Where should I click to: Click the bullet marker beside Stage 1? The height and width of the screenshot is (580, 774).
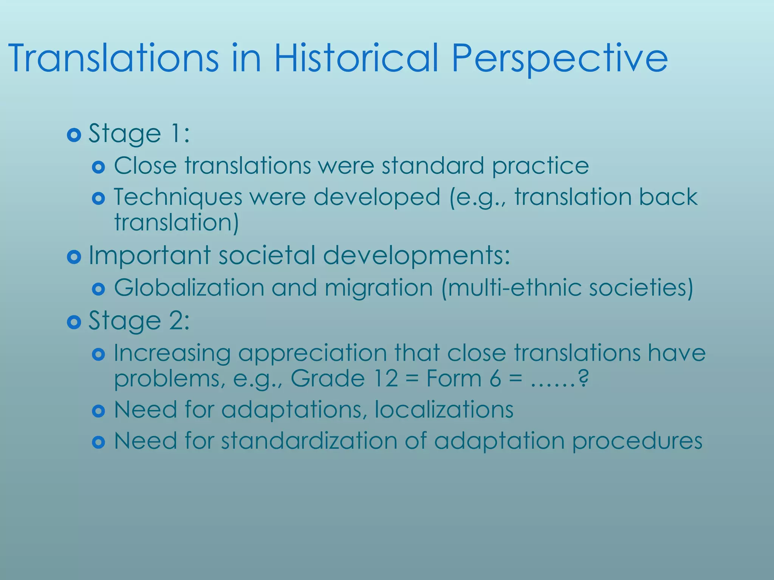74,135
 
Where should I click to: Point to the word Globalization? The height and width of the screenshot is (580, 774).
189,288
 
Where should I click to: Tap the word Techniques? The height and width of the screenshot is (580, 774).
178,197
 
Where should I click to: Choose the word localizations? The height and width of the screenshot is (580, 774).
444,409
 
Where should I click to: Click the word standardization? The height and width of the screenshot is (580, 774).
309,441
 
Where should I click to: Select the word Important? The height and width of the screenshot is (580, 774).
149,256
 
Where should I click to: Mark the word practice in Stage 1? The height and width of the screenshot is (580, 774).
540,167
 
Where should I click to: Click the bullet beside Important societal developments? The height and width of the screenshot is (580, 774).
74,257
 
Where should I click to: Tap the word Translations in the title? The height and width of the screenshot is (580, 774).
113,59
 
